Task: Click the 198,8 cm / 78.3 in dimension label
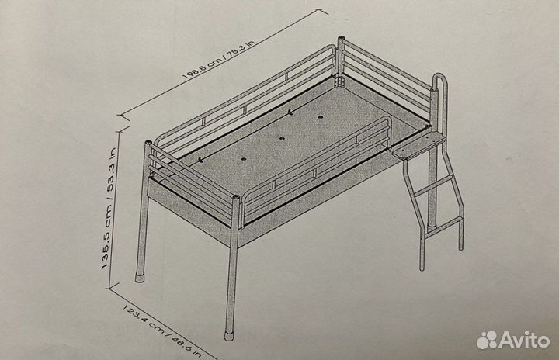pyautogui.click(x=218, y=59)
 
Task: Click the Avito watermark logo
pyautogui.click(x=513, y=340)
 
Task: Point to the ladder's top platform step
pyautogui.click(x=419, y=147)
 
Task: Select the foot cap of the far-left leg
pyautogui.click(x=140, y=278)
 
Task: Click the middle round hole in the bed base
pyautogui.click(x=282, y=138)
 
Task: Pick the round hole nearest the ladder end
pyautogui.click(x=320, y=117)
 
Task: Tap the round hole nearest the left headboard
pyautogui.click(x=244, y=159)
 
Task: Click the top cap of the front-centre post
pyautogui.click(x=236, y=196)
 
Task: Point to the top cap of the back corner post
pyautogui.click(x=341, y=37)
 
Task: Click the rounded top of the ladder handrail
pyautogui.click(x=440, y=77)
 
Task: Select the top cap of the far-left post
pyautogui.click(x=148, y=143)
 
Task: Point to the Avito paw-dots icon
pyautogui.click(x=487, y=340)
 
